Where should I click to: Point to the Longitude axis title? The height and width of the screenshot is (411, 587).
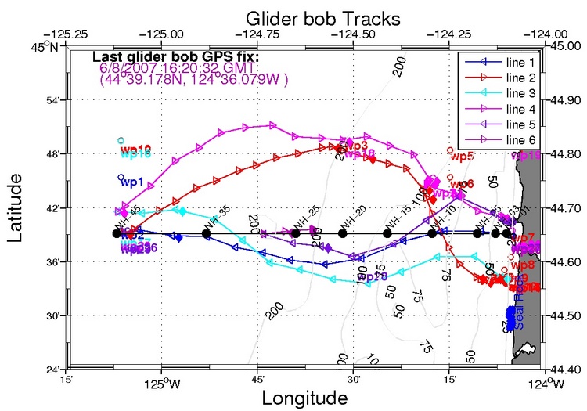(304, 398)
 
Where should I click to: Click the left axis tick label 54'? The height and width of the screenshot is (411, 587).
(49, 100)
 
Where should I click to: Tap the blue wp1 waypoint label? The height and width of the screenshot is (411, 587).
(131, 182)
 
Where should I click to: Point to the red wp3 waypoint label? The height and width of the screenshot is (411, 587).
(356, 146)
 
